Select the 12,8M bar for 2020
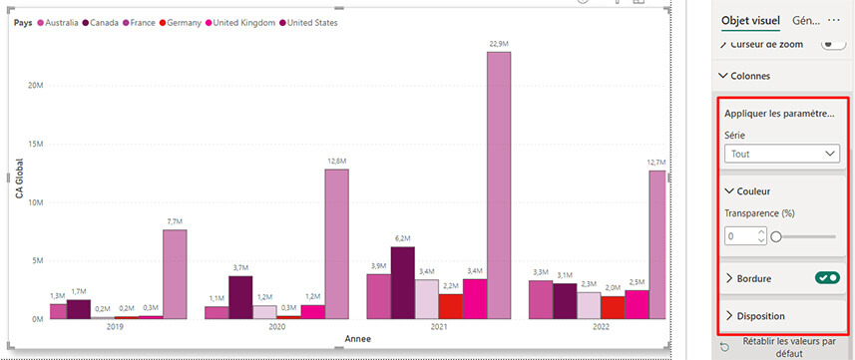click(336, 244)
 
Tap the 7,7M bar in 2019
click(175, 274)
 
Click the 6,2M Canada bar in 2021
click(402, 283)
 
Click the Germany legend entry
click(185, 22)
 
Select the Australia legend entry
click(61, 22)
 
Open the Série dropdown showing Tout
click(783, 154)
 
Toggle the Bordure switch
click(826, 278)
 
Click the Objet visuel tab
click(750, 20)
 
